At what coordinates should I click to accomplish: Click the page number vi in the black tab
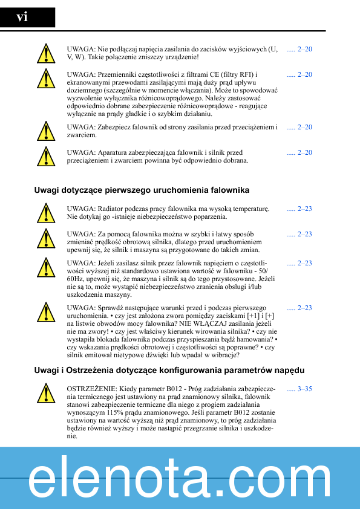click(22, 17)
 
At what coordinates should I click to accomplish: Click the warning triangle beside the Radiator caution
click(45, 213)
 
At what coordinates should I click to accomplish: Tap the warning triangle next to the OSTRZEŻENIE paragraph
click(45, 393)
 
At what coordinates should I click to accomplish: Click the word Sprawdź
click(111, 308)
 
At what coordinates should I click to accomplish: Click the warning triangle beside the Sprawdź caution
click(45, 312)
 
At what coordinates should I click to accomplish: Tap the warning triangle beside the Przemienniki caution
click(45, 79)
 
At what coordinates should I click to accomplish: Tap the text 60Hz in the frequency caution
click(77, 279)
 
